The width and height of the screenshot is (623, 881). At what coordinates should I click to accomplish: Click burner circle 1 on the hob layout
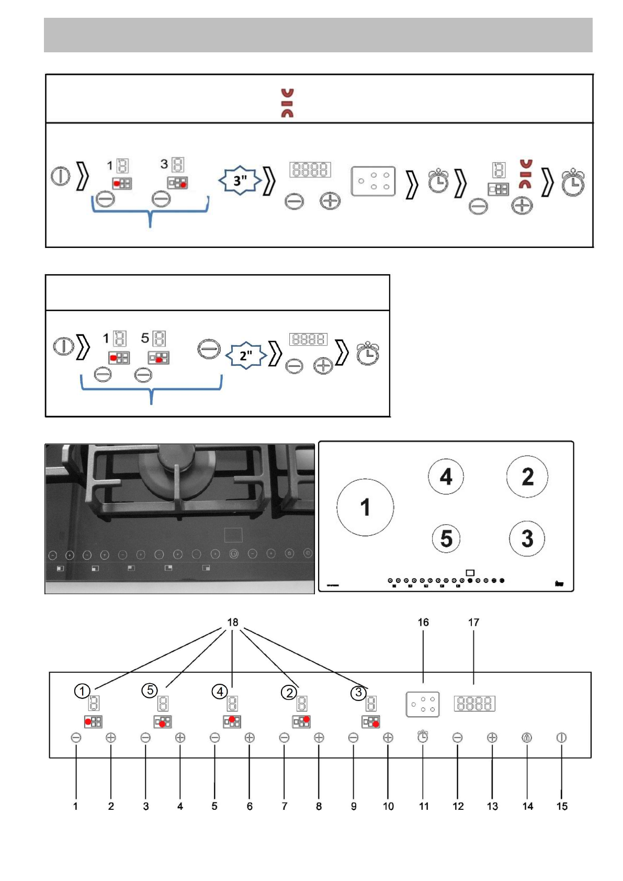(365, 507)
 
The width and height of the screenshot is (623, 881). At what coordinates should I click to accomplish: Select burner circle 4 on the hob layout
(446, 476)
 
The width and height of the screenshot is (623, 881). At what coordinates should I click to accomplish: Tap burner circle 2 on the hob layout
(527, 476)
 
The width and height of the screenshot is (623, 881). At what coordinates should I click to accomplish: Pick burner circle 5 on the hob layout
(446, 538)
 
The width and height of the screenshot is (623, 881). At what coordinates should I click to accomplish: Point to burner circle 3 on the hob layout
(527, 538)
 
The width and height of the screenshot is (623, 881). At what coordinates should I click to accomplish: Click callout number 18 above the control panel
(233, 622)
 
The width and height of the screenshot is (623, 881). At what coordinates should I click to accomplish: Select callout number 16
(423, 622)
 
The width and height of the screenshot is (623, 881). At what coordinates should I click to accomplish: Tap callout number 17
(473, 622)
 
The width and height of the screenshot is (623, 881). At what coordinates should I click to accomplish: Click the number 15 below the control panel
(562, 806)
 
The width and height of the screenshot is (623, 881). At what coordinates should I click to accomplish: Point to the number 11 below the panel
(424, 806)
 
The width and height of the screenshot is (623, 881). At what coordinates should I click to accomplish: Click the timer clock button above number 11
(423, 737)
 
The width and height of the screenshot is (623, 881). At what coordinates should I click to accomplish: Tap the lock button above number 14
(527, 738)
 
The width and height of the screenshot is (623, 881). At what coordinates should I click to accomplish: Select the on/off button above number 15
(561, 738)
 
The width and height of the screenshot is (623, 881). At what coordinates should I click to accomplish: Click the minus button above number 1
(76, 738)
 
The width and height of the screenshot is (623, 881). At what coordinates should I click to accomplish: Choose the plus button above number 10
(388, 738)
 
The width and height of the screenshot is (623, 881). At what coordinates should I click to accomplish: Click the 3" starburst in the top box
(240, 180)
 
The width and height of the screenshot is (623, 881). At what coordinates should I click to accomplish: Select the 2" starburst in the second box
(246, 356)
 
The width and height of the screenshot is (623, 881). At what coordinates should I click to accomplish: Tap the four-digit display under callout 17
(474, 703)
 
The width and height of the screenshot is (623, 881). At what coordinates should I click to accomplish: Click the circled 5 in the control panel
(150, 690)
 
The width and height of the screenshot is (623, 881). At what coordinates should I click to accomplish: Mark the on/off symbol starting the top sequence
(60, 176)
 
